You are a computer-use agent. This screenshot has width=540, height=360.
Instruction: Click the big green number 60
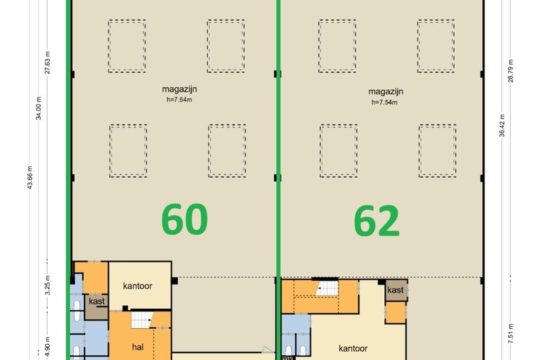pos(185,220)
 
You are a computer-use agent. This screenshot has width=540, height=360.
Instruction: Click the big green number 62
pos(377,222)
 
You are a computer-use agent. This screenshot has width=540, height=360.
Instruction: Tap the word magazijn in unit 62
pos(386,91)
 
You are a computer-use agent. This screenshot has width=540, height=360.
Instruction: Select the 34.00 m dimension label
pos(39,104)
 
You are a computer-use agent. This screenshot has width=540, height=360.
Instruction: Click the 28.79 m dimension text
pos(511,69)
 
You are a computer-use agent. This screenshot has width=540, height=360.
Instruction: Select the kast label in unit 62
pos(395,289)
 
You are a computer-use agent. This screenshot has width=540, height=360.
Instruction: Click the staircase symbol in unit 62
pos(325,288)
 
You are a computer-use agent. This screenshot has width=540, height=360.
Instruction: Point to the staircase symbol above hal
pos(141,320)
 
